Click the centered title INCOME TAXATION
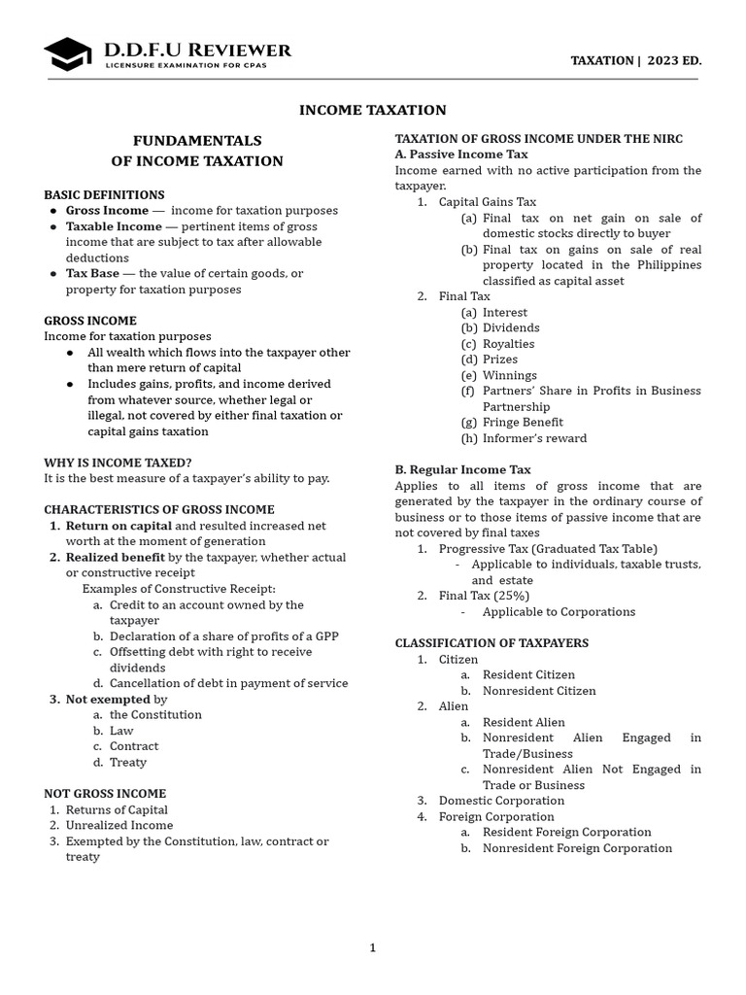pos(373,110)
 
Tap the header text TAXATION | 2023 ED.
pos(635,60)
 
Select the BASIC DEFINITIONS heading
pos(104,194)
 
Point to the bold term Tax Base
pos(92,273)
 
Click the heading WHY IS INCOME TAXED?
pos(118,463)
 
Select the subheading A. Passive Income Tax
pos(461,154)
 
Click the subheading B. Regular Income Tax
pos(462,469)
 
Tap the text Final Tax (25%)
pos(484,596)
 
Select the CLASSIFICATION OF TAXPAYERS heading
pos(492,643)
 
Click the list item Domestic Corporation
pos(501,801)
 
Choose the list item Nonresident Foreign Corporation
pos(577,847)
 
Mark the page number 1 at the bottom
pos(372,948)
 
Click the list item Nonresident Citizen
pos(539,690)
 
